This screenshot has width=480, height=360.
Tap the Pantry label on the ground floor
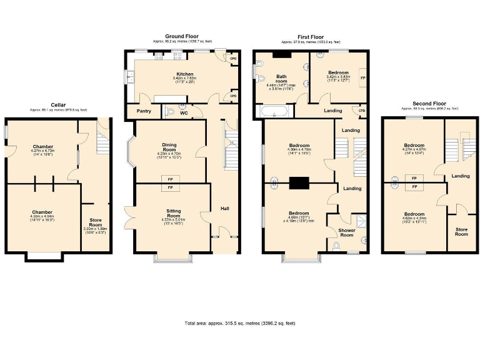pyautogui.click(x=136, y=111)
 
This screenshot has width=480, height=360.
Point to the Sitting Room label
pyautogui.click(x=173, y=211)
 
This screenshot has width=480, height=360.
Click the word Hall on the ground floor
pyautogui.click(x=224, y=208)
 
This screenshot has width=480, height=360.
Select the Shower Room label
pyautogui.click(x=346, y=232)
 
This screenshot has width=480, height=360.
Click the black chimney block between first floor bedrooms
pyautogui.click(x=299, y=182)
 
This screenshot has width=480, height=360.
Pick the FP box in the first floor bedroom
pyautogui.click(x=363, y=78)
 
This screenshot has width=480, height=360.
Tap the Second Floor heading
pyautogui.click(x=429, y=103)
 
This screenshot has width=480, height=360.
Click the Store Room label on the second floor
pyautogui.click(x=461, y=231)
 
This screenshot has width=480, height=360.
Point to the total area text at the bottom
pyautogui.click(x=239, y=323)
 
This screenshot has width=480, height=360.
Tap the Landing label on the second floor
pyautogui.click(x=461, y=176)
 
